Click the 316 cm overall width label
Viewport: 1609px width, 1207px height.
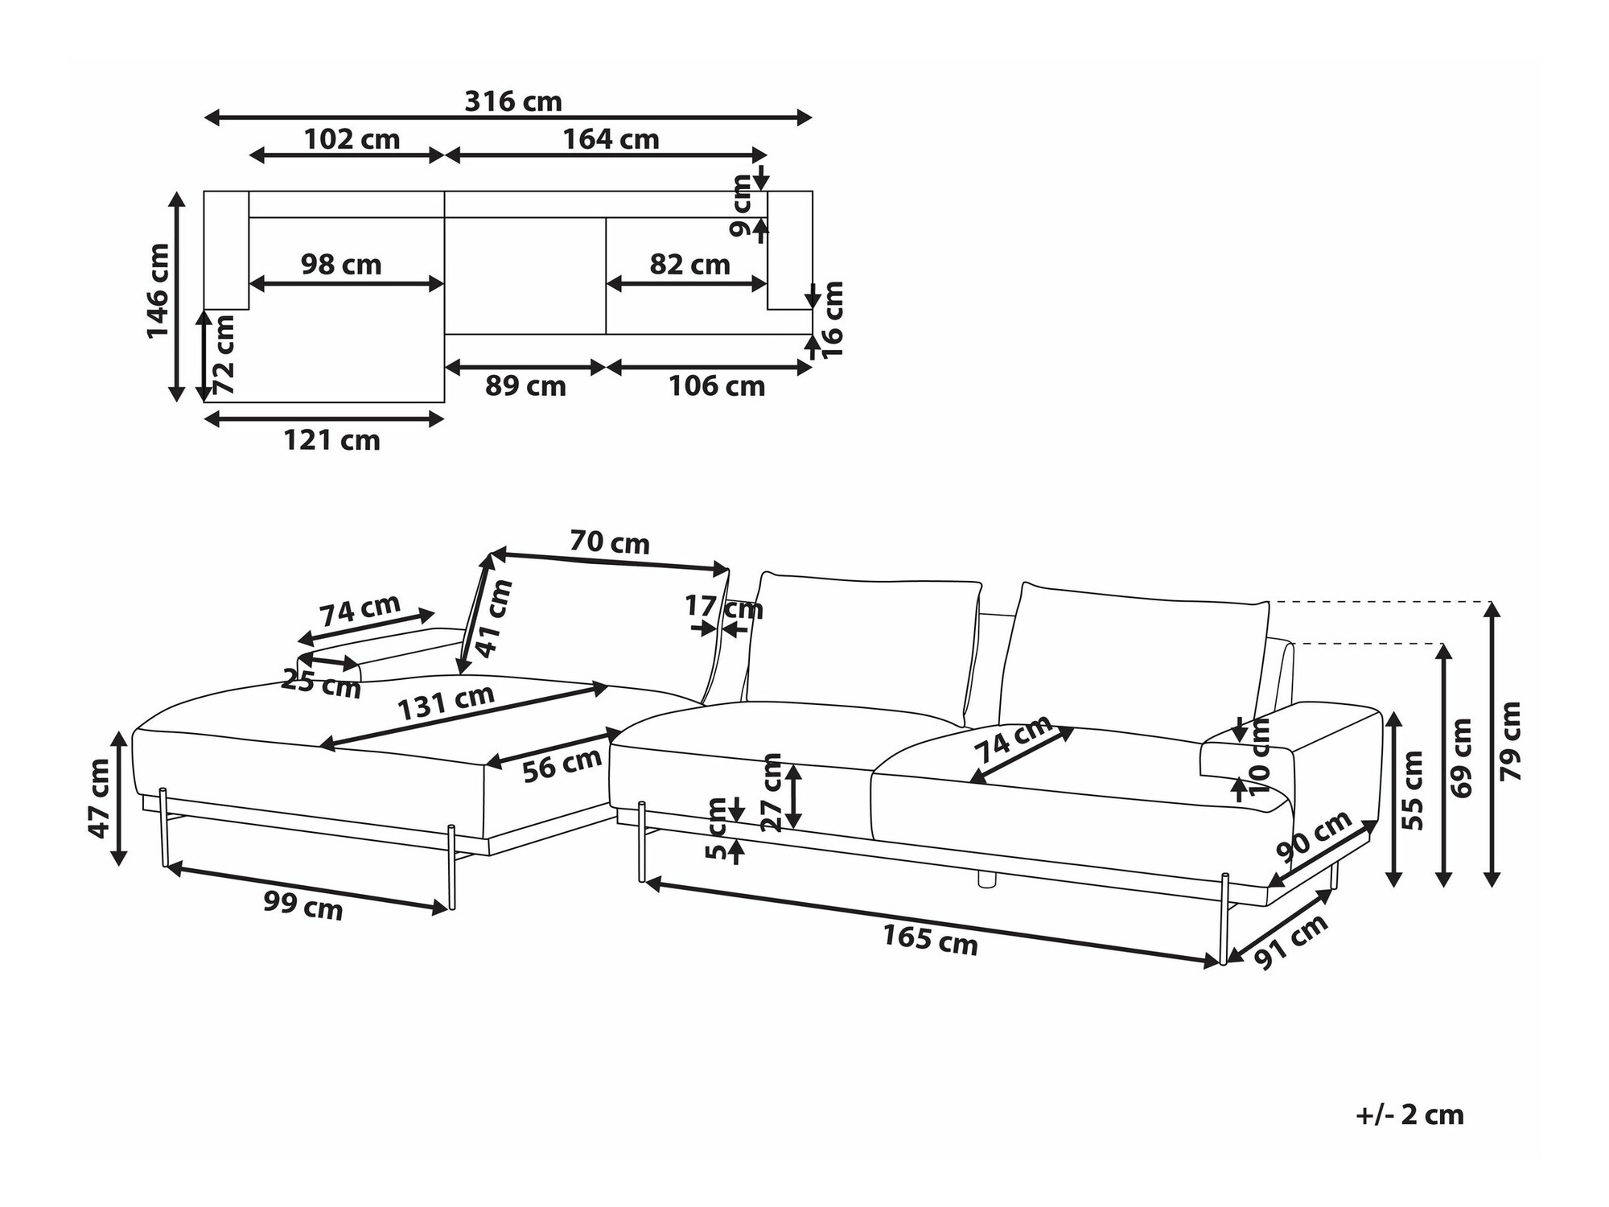pos(513,102)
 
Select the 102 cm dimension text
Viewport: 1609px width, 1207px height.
pos(352,140)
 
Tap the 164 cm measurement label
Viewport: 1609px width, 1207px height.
pos(611,140)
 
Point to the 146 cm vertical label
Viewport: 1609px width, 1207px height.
pos(158,291)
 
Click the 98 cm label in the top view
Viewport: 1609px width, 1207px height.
pos(341,265)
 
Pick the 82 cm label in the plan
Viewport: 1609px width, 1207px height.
pos(689,265)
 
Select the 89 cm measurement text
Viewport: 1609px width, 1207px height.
pos(525,387)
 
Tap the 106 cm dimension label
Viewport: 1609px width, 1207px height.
pos(717,387)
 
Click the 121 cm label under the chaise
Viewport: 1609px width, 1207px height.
pos(331,441)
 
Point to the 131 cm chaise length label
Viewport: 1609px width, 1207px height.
pos(446,702)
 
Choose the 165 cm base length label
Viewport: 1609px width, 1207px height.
pos(930,940)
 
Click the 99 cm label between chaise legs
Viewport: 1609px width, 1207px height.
pos(303,906)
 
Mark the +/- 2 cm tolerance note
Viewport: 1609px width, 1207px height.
pos(1409,1115)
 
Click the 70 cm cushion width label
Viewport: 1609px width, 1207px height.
pos(610,542)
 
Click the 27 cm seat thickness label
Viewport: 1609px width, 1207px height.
pos(772,792)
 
